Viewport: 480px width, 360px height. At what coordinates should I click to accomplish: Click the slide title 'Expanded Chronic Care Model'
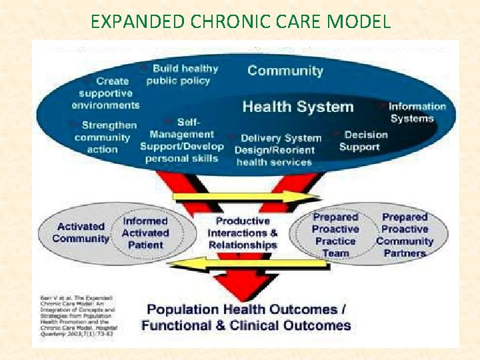240,21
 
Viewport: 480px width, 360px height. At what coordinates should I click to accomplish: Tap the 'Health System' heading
297,106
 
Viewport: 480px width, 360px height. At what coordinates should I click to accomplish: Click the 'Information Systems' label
416,113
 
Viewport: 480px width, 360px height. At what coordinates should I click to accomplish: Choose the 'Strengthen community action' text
105,137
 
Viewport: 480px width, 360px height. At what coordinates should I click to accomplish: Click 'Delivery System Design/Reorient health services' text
276,149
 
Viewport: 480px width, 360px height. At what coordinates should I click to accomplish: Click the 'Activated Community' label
81,233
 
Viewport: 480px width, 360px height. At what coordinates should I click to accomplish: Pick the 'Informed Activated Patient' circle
145,233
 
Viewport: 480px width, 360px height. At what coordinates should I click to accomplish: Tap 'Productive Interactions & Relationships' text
243,233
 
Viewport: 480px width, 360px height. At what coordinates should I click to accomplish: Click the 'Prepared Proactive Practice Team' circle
335,235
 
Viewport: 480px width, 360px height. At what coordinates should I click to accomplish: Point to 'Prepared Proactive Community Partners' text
404,235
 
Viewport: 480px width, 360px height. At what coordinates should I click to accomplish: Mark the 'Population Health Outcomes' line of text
246,309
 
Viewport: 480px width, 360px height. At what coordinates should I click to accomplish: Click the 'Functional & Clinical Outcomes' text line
246,325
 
